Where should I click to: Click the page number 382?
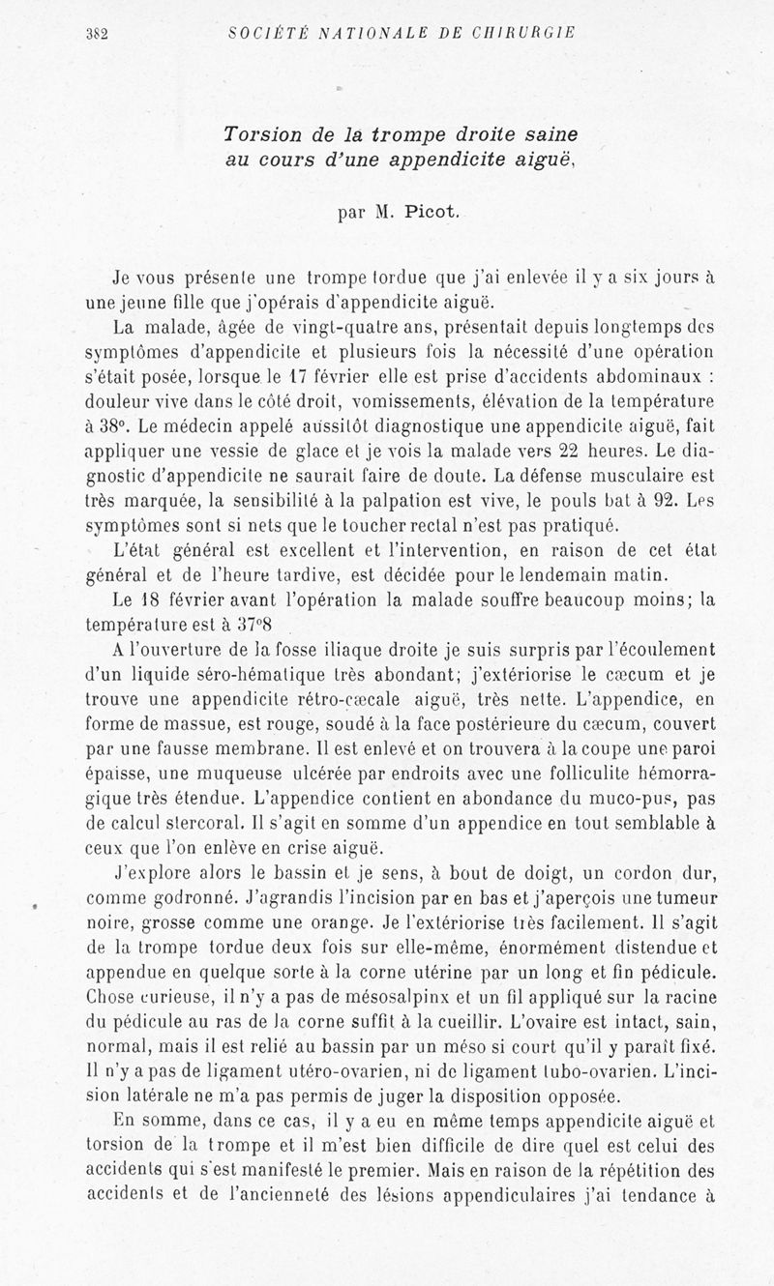[95, 33]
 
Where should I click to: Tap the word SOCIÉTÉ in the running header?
[257, 32]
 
